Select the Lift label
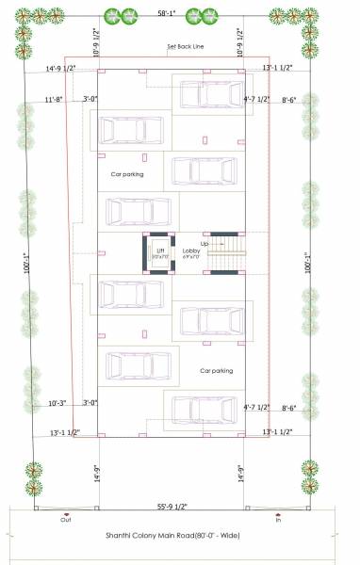159,250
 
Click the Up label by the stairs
205,243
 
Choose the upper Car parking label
126,175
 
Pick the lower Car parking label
216,371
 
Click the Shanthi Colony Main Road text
180,536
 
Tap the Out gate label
66,519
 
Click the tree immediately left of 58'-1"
119,15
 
